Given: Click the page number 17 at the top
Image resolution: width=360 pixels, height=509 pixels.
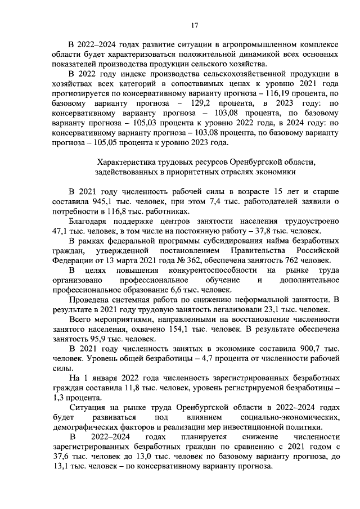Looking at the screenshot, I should [x=195, y=25].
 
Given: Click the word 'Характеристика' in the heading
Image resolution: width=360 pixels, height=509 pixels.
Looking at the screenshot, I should [x=126, y=161].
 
